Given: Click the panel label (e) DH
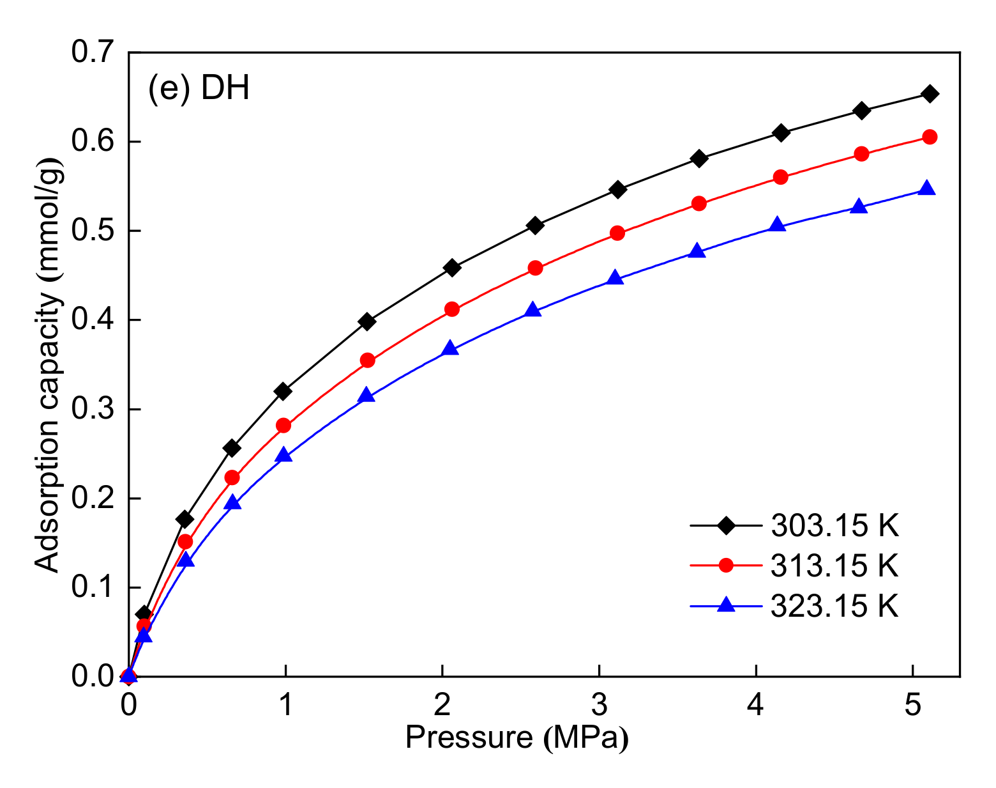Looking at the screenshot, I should [199, 88].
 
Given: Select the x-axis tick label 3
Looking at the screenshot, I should [599, 706].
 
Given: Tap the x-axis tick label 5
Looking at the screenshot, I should [912, 706].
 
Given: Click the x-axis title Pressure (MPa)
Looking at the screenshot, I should [517, 738].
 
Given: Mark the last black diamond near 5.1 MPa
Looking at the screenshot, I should [930, 94].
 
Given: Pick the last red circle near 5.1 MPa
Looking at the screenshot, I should [930, 137].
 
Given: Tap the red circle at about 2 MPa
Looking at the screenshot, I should [452, 309].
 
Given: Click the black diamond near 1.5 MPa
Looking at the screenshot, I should [366, 321].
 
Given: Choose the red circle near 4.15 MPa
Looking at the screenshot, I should [780, 177].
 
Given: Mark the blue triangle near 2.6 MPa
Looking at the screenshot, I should [533, 311].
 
